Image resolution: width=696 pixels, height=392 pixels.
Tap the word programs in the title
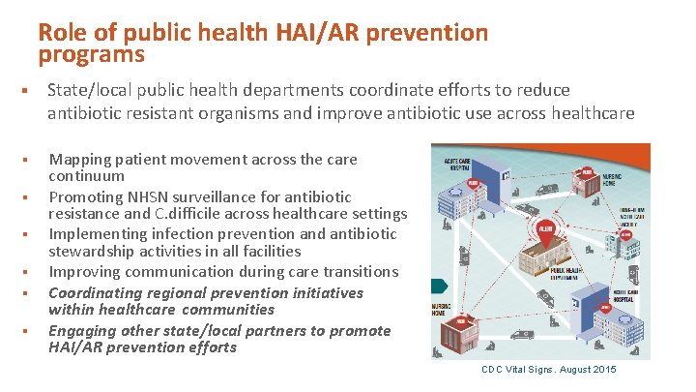tap(92, 54)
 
